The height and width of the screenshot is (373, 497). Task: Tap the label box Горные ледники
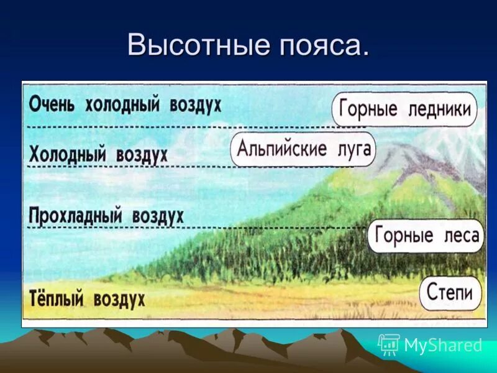click(404, 109)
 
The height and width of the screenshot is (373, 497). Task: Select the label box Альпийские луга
click(303, 149)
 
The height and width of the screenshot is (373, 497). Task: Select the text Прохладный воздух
click(106, 216)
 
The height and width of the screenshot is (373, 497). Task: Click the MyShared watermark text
click(443, 345)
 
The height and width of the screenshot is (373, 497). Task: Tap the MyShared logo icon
click(389, 344)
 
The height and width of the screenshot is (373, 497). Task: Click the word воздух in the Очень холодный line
click(195, 104)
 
